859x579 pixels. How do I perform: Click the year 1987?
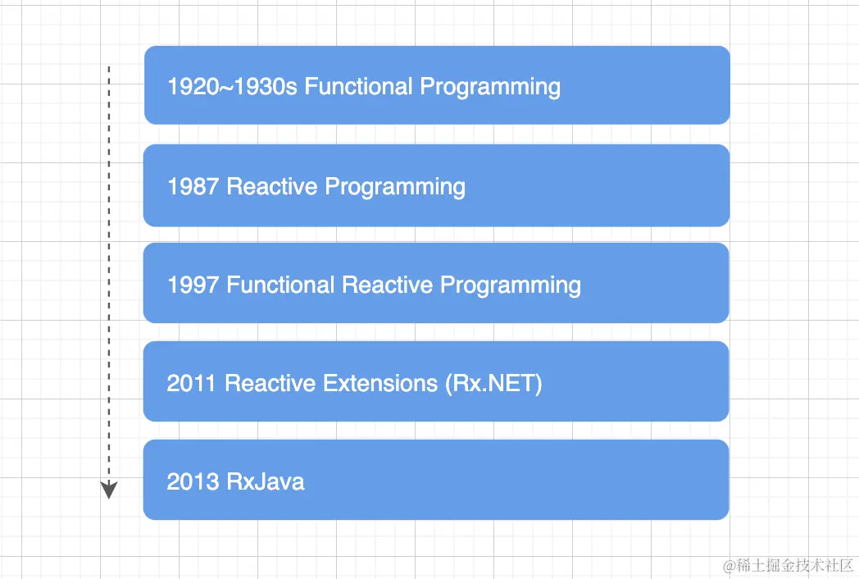193,186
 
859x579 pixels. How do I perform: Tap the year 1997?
193,285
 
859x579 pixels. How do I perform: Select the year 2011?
191,383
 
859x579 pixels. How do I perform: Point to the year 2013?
192,481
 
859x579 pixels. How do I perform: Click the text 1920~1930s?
232,87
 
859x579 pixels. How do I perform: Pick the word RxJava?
266,482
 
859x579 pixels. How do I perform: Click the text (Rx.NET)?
493,383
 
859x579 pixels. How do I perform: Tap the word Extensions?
380,383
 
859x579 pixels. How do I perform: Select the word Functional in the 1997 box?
280,285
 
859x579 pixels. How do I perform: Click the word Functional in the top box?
358,87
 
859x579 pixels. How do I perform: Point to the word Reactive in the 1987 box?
272,186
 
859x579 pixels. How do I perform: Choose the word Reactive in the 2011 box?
270,383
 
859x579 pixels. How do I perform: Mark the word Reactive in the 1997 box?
388,285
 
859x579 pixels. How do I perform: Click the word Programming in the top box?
490,88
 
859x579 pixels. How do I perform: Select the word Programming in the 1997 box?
511,286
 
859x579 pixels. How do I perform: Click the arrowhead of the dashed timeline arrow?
109,490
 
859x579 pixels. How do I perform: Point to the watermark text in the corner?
789,565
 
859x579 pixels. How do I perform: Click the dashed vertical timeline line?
109,274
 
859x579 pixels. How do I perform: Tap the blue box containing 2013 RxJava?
436,480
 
